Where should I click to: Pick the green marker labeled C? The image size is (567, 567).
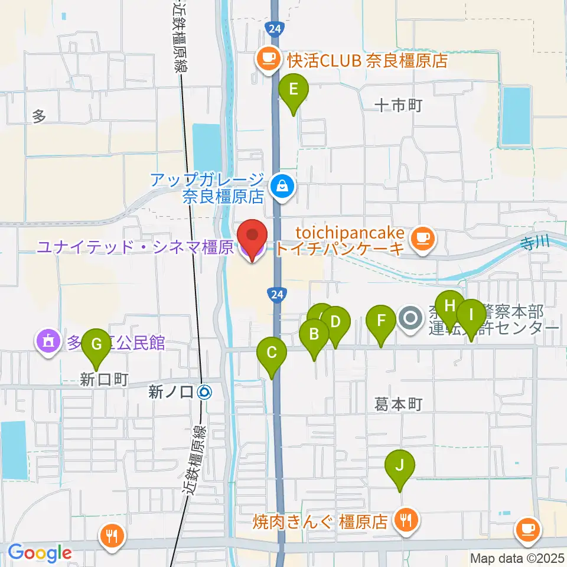point(272,354)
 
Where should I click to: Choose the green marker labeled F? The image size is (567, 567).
point(382,322)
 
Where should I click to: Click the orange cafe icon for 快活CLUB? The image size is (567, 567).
point(269,58)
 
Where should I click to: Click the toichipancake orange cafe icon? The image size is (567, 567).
point(422,237)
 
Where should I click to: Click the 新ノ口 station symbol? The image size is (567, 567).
point(205,391)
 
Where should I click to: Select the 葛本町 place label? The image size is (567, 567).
point(399,405)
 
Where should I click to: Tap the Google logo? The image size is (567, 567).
point(40,552)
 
